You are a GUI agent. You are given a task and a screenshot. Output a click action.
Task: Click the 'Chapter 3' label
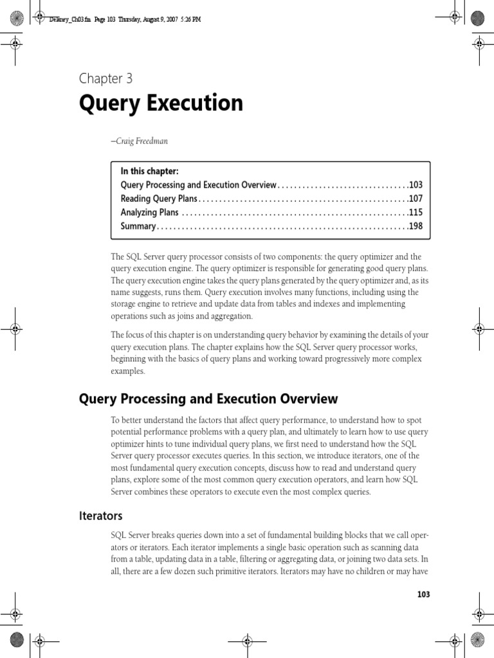pos(105,79)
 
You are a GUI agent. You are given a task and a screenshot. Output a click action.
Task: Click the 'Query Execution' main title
pos(161,103)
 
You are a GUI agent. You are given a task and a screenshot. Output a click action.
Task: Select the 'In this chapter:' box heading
pos(149,171)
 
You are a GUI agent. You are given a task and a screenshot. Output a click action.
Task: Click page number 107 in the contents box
pos(416,199)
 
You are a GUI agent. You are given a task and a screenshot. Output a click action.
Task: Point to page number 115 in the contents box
pos(416,213)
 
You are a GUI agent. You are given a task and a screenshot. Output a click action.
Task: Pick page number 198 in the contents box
pos(416,226)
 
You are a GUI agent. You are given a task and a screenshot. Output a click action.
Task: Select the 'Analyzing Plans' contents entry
pos(149,213)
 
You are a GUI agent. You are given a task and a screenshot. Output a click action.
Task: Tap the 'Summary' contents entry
pos(138,226)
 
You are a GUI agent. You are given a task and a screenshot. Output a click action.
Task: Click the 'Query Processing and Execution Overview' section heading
pos(208,399)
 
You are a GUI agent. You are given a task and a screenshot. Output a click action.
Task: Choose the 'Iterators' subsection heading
pos(100,516)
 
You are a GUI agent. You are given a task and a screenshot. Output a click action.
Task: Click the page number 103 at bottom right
pos(423,594)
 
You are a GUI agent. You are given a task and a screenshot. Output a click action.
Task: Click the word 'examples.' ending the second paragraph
pos(128,371)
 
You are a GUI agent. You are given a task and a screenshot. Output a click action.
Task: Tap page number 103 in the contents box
pos(416,185)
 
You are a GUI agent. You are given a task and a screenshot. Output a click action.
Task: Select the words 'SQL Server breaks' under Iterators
pos(145,535)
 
